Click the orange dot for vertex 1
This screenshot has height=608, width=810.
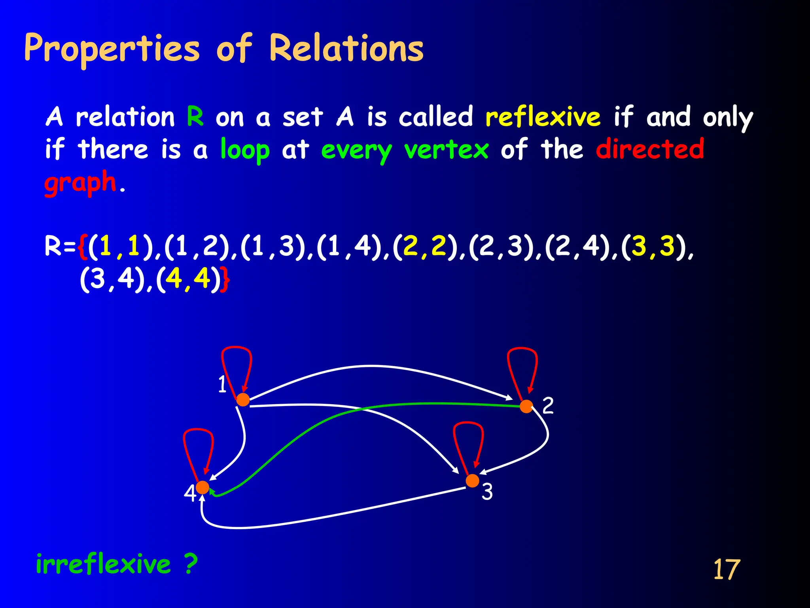point(243,400)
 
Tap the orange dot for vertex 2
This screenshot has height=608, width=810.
point(526,407)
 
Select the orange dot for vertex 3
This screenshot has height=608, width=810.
point(472,481)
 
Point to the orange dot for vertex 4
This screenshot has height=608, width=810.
point(202,487)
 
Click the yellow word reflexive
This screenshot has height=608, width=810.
point(543,117)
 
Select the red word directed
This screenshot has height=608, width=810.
point(650,150)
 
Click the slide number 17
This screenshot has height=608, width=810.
point(726,570)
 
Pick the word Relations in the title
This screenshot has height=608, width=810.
point(346,49)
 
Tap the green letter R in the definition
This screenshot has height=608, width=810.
point(195,116)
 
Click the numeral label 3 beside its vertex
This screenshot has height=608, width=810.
point(487,492)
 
